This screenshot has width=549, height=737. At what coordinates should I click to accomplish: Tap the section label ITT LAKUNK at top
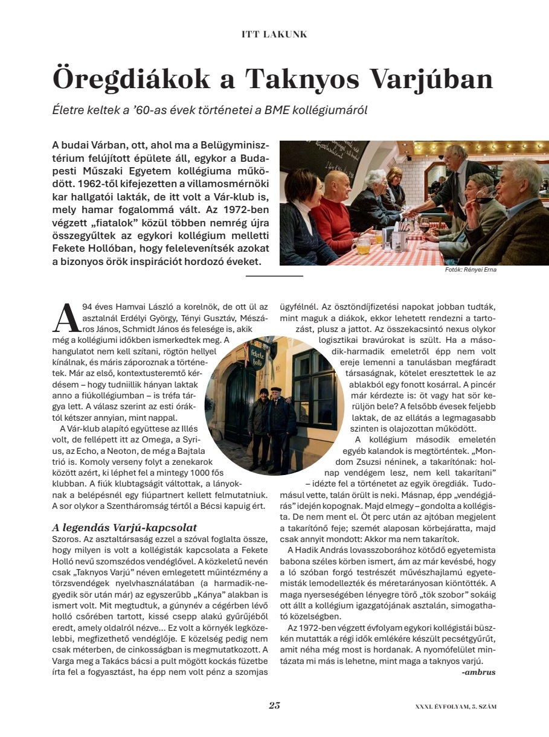coord(274,34)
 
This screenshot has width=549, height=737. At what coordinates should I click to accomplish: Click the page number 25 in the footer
coord(274,706)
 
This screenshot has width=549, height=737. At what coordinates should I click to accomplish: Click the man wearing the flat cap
coord(275,413)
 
